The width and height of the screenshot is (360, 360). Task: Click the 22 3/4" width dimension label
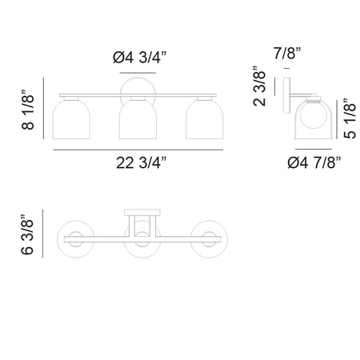[141, 162]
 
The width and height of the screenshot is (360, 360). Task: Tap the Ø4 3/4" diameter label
[139, 58]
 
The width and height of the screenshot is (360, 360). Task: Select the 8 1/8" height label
[28, 110]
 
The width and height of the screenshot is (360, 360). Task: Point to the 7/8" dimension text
[287, 53]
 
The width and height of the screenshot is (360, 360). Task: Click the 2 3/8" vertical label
[259, 86]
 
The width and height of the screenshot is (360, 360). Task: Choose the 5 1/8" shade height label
[350, 118]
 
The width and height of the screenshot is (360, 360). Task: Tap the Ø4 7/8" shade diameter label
[314, 162]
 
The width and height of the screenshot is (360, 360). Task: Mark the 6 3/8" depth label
[27, 234]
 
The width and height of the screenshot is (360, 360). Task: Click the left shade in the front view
[71, 119]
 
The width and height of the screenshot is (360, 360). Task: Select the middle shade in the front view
[138, 119]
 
